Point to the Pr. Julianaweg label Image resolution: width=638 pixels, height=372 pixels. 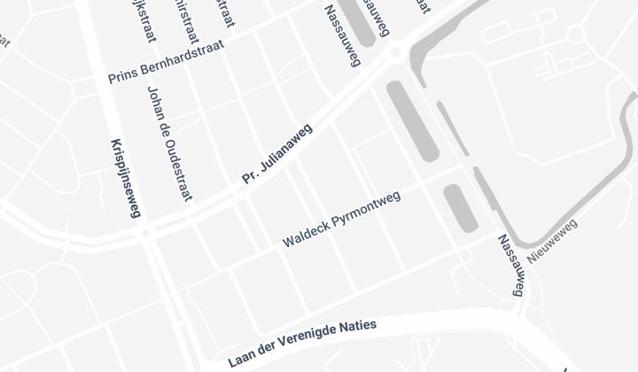pyautogui.click(x=277, y=154)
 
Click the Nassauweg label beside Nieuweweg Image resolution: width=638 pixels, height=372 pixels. pyautogui.click(x=511, y=265)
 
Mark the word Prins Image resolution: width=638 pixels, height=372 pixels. pyautogui.click(x=122, y=77)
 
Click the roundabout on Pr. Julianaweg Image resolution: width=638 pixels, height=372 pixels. pyautogui.click(x=395, y=52)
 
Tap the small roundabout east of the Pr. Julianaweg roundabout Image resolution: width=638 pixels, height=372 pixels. pyautogui.click(x=576, y=35)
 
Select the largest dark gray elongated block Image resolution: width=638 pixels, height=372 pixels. pyautogui.click(x=413, y=120)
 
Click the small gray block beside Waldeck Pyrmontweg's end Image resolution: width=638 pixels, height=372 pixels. pyautogui.click(x=461, y=206)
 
